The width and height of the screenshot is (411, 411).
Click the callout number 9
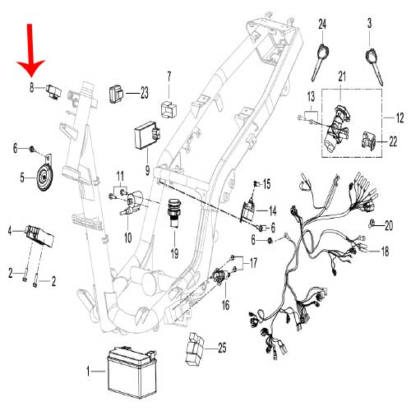click(146, 170)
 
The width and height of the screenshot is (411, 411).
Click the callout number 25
click(221, 349)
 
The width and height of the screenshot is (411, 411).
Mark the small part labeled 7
click(170, 107)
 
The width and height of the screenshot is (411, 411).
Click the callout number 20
click(390, 224)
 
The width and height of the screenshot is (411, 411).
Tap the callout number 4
click(11, 231)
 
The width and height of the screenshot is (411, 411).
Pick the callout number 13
click(312, 98)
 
